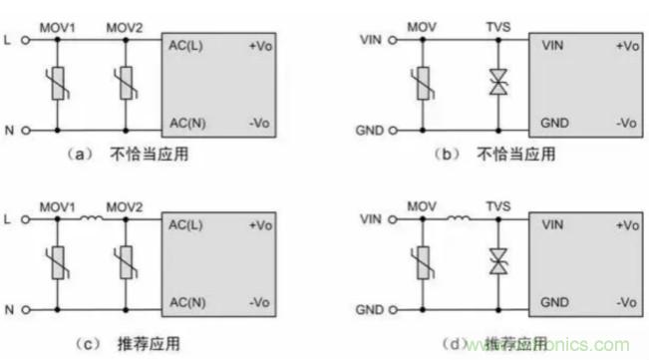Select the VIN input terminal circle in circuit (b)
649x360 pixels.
(x=393, y=41)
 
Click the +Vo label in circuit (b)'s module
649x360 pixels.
(x=626, y=46)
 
